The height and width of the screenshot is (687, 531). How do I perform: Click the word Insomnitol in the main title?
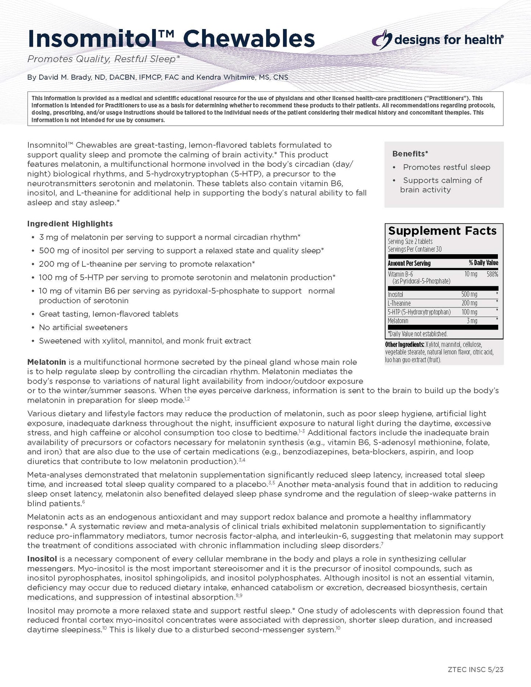pyautogui.click(x=92, y=39)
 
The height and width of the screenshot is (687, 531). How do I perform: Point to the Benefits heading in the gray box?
pyautogui.click(x=410, y=154)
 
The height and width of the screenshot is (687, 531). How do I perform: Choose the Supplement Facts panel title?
pyautogui.click(x=442, y=231)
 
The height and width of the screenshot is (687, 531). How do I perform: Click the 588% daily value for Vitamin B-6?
pyautogui.click(x=492, y=274)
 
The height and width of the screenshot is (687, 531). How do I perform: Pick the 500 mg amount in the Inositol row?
pyautogui.click(x=469, y=294)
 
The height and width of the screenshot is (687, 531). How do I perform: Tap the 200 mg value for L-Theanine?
pyautogui.click(x=469, y=303)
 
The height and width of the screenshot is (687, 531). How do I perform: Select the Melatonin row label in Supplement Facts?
pyautogui.click(x=398, y=321)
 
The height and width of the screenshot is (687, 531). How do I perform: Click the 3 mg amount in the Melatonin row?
pyautogui.click(x=472, y=321)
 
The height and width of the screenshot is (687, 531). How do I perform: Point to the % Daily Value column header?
pyautogui.click(x=483, y=263)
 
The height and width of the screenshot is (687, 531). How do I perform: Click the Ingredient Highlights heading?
pyautogui.click(x=70, y=224)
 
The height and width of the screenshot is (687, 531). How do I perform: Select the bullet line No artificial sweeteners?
pyautogui.click(x=83, y=327)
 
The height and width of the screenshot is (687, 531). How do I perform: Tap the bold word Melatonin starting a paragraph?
pyautogui.click(x=46, y=362)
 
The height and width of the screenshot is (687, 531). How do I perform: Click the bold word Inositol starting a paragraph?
pyautogui.click(x=42, y=559)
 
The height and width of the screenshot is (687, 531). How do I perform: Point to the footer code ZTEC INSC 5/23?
pyautogui.click(x=476, y=669)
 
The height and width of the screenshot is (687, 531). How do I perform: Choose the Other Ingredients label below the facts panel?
pyautogui.click(x=404, y=345)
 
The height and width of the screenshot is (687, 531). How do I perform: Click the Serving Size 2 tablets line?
pyautogui.click(x=410, y=241)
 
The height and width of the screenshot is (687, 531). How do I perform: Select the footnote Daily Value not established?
pyautogui.click(x=418, y=334)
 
